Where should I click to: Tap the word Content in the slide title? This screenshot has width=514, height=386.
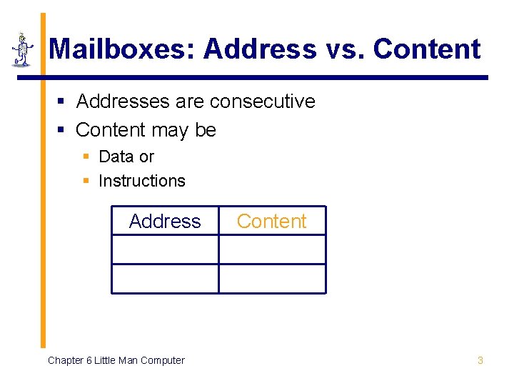point(427,49)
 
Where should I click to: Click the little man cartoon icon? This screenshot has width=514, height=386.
point(23,50)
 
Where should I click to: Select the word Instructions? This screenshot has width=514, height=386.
point(142,181)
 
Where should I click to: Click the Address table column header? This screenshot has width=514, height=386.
point(165,222)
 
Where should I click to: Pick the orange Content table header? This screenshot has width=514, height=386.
point(271,222)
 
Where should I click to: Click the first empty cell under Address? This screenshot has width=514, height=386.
point(165,250)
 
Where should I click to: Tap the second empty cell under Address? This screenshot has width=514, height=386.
point(165,279)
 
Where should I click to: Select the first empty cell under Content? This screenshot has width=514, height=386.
point(272,250)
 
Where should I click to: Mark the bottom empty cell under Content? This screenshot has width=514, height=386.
point(272,279)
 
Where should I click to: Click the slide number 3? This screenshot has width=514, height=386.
point(480,360)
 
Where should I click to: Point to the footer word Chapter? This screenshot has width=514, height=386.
point(65,360)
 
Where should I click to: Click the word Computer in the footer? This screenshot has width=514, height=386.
point(162,360)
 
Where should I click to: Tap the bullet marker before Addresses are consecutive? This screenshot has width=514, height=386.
point(62,102)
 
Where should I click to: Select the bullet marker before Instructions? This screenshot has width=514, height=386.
point(86,181)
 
